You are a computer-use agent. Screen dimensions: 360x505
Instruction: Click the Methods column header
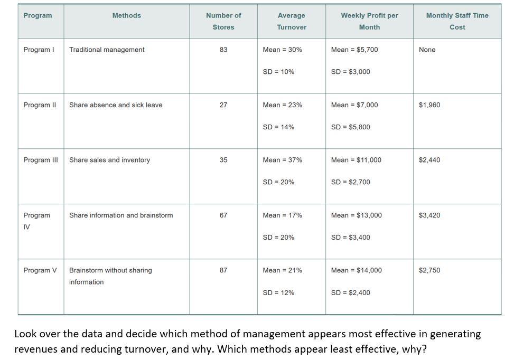tap(126, 16)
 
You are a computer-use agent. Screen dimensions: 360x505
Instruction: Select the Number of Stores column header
tap(223, 21)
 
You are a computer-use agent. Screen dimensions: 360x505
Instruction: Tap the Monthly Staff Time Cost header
tap(457, 21)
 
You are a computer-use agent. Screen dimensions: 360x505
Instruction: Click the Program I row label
tap(39, 50)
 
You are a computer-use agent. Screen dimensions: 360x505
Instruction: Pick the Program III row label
tap(41, 160)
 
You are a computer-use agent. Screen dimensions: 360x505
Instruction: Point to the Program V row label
tap(40, 270)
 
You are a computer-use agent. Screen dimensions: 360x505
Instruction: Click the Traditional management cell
tap(107, 50)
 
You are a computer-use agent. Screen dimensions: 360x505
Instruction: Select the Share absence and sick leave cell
tap(116, 105)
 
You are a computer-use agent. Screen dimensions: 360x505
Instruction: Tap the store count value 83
tap(223, 50)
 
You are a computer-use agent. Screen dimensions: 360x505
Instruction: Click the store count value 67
tap(223, 215)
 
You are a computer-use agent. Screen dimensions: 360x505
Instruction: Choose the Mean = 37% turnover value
tap(282, 160)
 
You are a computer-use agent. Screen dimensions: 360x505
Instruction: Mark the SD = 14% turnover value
tap(278, 127)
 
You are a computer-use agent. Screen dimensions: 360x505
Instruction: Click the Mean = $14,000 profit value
tap(356, 270)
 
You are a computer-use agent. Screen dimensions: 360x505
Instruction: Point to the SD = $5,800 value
tap(350, 127)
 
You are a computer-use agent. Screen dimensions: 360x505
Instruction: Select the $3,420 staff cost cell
tap(429, 215)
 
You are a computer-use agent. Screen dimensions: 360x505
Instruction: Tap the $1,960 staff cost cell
tap(429, 105)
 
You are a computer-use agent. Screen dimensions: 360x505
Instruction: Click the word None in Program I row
tap(427, 50)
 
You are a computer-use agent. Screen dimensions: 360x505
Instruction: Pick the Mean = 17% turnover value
tap(282, 215)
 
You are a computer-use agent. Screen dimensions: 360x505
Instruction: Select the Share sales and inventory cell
tap(109, 160)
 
